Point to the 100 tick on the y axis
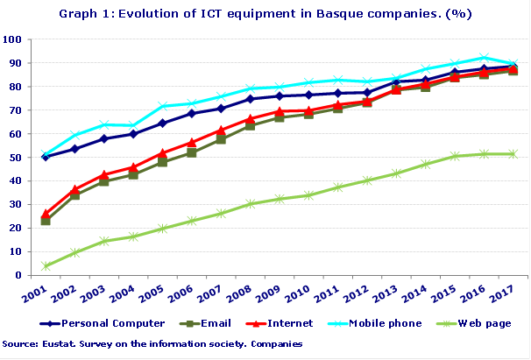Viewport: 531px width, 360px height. (x=12, y=39)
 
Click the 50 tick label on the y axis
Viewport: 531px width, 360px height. (x=15, y=158)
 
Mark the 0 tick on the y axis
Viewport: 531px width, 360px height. (x=18, y=275)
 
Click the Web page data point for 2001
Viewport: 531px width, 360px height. (x=46, y=265)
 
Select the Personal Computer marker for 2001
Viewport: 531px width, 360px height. (x=46, y=157)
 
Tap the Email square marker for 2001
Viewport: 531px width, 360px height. (x=46, y=221)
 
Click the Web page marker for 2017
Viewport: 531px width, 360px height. (x=513, y=154)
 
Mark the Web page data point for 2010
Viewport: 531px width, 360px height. (x=308, y=195)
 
